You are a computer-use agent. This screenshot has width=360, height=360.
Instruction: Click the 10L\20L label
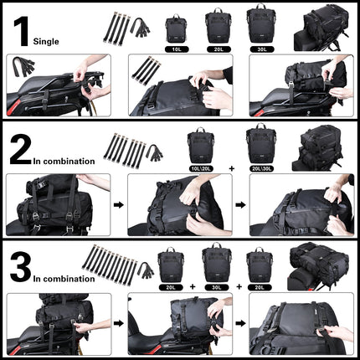pos(203,168)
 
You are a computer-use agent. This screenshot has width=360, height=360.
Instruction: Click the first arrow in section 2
pos(116,203)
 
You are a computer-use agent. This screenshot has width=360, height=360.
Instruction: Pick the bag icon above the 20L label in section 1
pos(218,27)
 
